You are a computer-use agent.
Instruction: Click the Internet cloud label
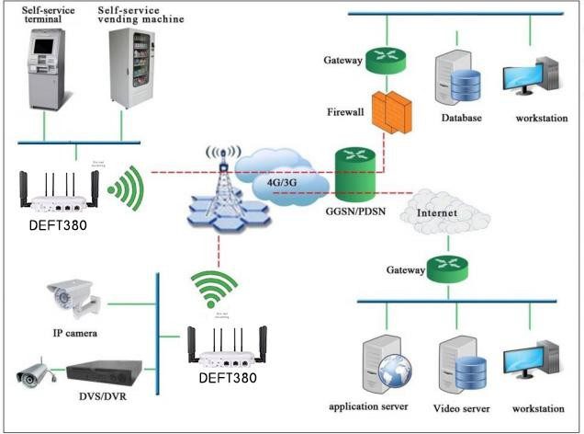(437, 214)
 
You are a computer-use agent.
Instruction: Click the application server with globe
(383, 365)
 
